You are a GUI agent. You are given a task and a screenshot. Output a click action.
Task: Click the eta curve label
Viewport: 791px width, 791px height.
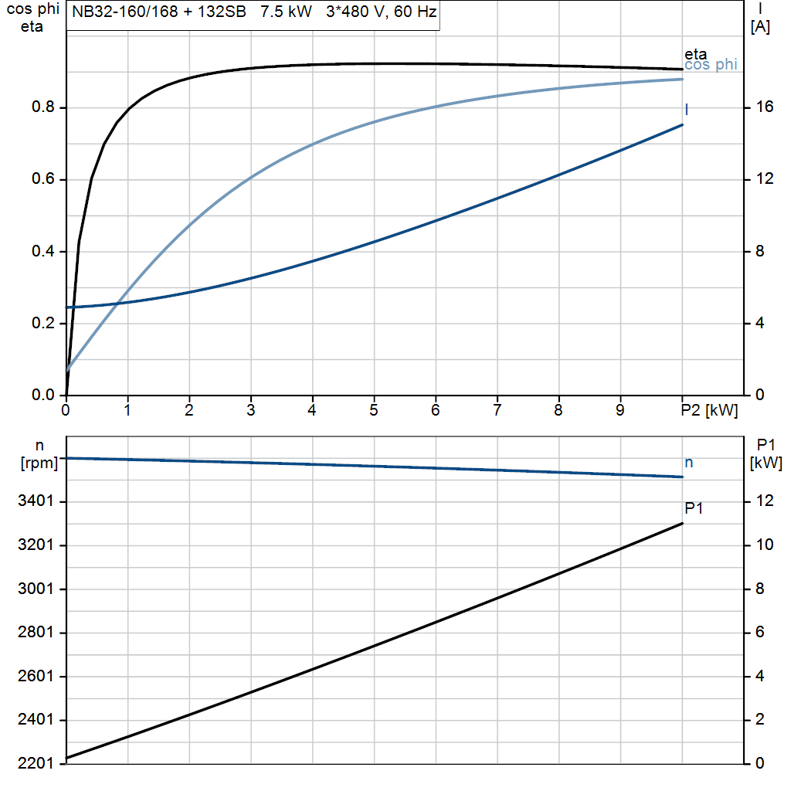[695, 55]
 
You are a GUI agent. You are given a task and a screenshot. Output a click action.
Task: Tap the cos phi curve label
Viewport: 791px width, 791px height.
[711, 66]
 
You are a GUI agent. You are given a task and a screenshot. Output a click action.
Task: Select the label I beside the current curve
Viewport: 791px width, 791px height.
[687, 110]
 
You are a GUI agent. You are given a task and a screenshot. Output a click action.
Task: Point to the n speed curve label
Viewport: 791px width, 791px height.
[689, 463]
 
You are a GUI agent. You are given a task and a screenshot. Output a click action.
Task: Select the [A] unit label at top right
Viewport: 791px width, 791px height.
[760, 27]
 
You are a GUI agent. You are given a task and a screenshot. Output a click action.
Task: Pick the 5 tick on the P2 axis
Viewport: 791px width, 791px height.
[374, 411]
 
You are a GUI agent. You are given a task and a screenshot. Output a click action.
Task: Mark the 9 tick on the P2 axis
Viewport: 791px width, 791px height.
[620, 411]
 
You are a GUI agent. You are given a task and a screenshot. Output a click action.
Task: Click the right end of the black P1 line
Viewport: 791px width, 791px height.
[682, 524]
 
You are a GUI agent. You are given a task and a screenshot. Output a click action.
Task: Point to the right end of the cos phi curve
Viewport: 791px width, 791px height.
[682, 79]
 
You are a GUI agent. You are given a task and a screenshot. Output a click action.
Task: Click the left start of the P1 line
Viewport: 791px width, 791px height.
[67, 758]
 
